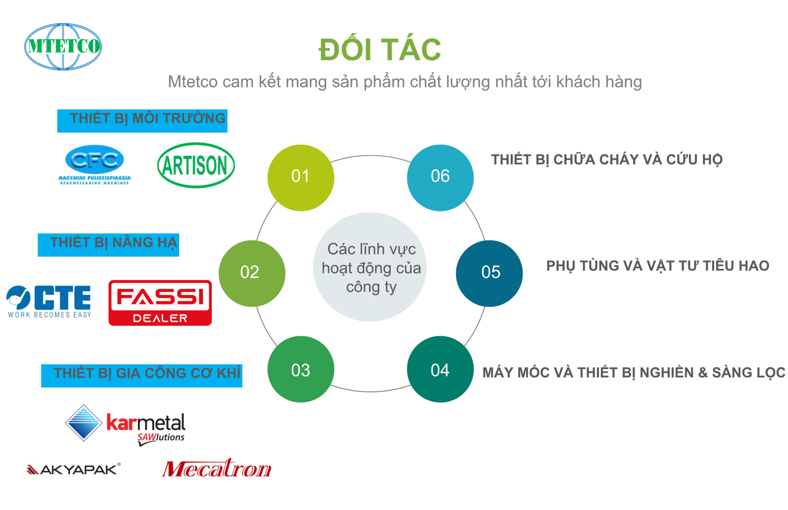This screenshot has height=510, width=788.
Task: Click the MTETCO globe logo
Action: [63, 47]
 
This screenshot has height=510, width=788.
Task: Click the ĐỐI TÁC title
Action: [380, 49]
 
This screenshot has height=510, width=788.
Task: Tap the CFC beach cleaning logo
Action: [94, 164]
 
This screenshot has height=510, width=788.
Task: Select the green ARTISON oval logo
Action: [196, 165]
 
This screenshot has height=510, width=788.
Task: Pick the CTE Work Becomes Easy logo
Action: [49, 302]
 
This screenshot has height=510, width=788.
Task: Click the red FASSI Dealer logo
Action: [160, 303]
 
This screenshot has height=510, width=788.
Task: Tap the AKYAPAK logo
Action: [74, 469]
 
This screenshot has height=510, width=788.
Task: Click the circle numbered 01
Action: [300, 178]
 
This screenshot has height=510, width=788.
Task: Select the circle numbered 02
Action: [252, 273]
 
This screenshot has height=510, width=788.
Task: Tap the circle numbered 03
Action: [300, 369]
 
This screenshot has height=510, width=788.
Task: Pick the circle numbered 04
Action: [440, 369]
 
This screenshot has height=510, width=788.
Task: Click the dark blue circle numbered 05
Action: [489, 273]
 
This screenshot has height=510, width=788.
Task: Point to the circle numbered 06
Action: [440, 178]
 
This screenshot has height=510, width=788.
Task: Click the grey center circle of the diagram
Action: [370, 267]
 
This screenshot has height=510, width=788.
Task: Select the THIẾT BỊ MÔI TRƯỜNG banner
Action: [142, 120]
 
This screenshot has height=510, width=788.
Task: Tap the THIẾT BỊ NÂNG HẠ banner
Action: [109, 245]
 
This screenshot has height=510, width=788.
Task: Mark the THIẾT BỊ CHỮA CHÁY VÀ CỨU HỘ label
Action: [607, 160]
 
